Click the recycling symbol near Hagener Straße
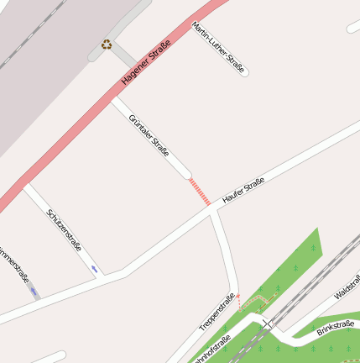tap(107, 44)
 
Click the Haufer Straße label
tap(243, 192)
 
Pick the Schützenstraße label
tap(65, 229)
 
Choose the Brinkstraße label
tap(336, 328)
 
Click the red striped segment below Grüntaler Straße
tap(200, 192)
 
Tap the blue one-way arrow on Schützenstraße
tap(94, 269)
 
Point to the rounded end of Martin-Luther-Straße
tap(244, 73)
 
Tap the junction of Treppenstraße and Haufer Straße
tap(215, 211)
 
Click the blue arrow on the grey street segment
tap(34, 291)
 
